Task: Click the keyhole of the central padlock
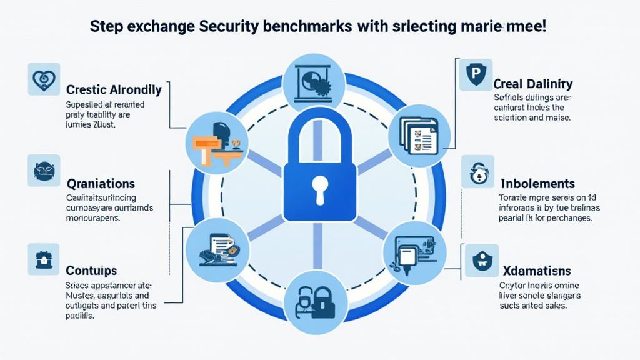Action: click(x=320, y=188)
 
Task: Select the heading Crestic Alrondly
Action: click(x=114, y=89)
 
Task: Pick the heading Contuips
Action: click(x=91, y=271)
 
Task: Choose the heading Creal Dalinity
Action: click(x=532, y=84)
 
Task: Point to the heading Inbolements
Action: click(x=537, y=184)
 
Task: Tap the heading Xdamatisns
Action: click(x=536, y=271)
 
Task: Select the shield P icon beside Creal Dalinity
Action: click(x=475, y=75)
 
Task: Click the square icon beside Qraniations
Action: click(x=44, y=171)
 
